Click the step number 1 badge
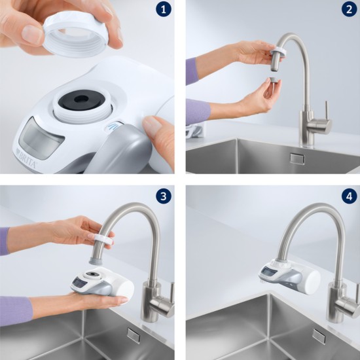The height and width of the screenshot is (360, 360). tap(164, 10)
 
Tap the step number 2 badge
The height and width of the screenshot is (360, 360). tap(350, 10)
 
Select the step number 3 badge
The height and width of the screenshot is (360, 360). tap(164, 196)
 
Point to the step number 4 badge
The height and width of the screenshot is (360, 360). tap(350, 196)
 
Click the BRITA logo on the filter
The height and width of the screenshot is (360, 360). tap(27, 158)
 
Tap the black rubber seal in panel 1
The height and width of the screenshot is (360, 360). tap(82, 100)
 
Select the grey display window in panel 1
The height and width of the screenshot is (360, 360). tap(41, 139)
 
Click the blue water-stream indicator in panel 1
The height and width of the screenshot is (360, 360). tap(113, 126)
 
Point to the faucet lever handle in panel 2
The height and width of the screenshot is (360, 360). tap(326, 110)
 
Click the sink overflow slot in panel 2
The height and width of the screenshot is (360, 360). tap(297, 158)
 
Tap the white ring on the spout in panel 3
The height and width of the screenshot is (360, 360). tap(104, 240)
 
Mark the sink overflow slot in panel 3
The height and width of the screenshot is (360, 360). tap(134, 336)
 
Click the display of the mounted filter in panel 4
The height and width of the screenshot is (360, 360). tap(268, 272)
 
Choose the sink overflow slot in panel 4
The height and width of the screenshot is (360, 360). tap(319, 336)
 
